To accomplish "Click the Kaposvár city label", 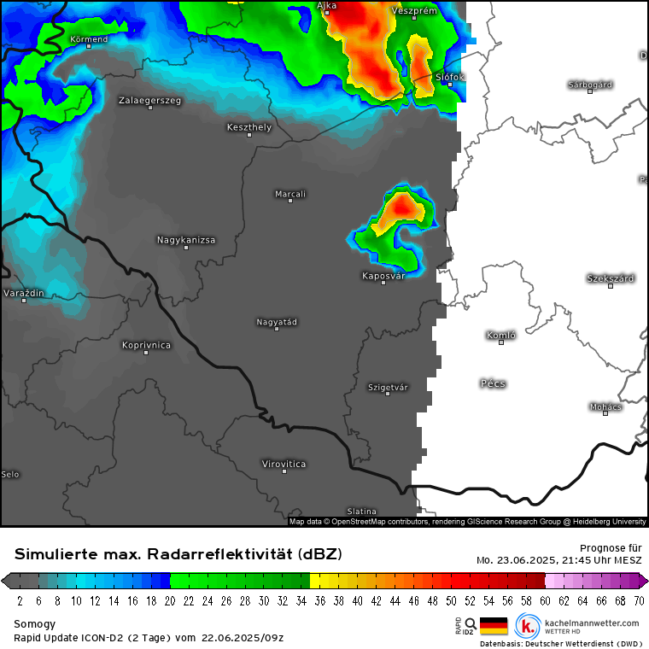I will pyautogui.click(x=383, y=276).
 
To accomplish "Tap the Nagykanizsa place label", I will pyautogui.click(x=186, y=240).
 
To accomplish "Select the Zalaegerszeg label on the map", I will pyautogui.click(x=149, y=101).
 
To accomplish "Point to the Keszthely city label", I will pyautogui.click(x=249, y=127).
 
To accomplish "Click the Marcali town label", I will pyautogui.click(x=290, y=195).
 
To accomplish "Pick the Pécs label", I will pyautogui.click(x=493, y=383).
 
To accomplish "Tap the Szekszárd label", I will pyautogui.click(x=611, y=278).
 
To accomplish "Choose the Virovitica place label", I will pyautogui.click(x=284, y=464).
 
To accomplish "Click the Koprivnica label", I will pyautogui.click(x=146, y=345).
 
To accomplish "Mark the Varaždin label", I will pyautogui.click(x=24, y=293).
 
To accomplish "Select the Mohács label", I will pyautogui.click(x=605, y=406).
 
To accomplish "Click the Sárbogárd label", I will pyautogui.click(x=590, y=85).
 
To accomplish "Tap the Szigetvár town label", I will pyautogui.click(x=388, y=387).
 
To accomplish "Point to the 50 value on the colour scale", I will pyautogui.click(x=452, y=600).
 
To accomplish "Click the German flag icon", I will pyautogui.click(x=494, y=626).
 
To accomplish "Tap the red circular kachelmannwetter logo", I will pyautogui.click(x=527, y=626).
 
